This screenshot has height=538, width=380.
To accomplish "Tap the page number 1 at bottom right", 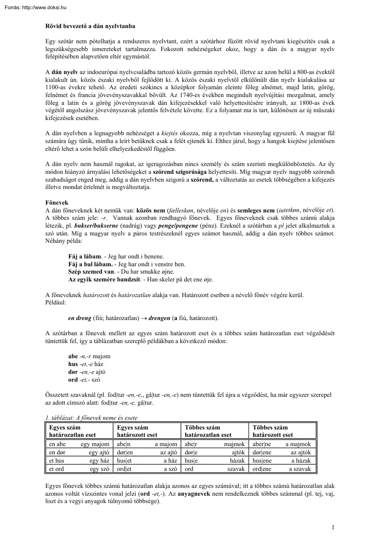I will click(x=332, y=527).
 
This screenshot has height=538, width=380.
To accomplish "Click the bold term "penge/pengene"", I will click(x=177, y=226).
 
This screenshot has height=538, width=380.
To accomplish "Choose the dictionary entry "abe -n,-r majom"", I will click(x=89, y=356).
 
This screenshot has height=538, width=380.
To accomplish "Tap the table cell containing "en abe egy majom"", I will click(x=79, y=444).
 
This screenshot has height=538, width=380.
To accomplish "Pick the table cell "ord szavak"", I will click(x=214, y=469).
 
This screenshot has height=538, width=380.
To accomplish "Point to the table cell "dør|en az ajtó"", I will click(x=147, y=452).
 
